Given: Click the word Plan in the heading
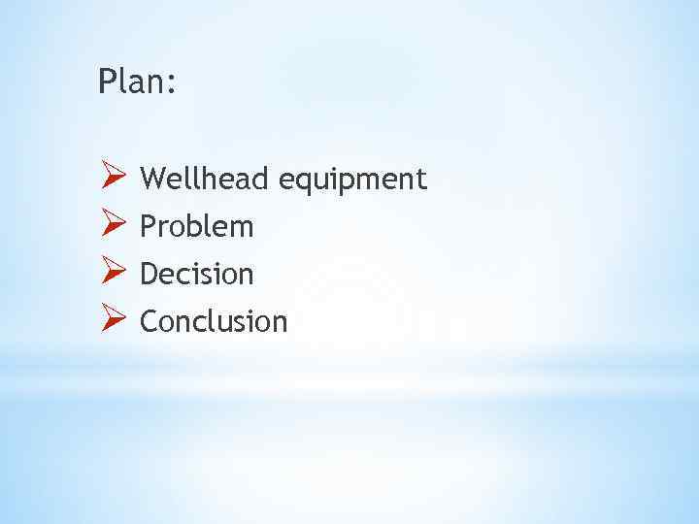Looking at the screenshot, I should point(132,82).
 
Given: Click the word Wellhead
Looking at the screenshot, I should point(205,179).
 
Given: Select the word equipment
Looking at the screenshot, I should point(352,180).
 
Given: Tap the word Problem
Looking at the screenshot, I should point(197,227).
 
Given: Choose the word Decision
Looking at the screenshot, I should point(197,275).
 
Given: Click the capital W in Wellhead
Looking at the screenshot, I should point(153,179).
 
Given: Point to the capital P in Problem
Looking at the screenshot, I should point(148,227).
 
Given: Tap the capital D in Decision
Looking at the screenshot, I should point(149,275).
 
